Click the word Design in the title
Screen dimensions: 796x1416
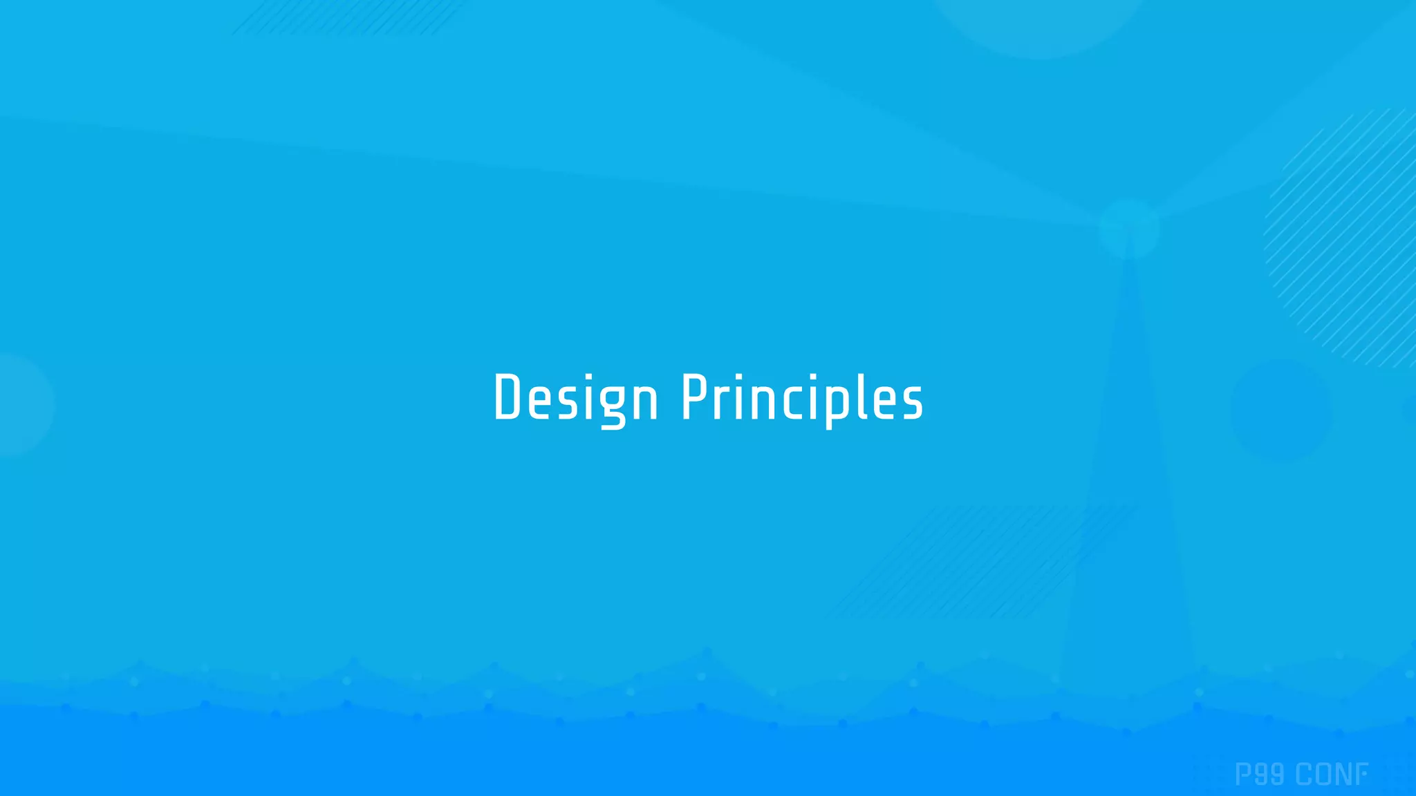(x=575, y=398)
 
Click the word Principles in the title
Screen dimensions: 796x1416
(x=802, y=398)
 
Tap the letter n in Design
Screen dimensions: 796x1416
(x=644, y=402)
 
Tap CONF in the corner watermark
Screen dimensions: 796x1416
(x=1332, y=775)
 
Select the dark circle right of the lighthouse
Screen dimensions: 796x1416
(x=1280, y=409)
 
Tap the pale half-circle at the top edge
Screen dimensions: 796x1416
(x=1037, y=24)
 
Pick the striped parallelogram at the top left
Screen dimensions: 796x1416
(x=349, y=17)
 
